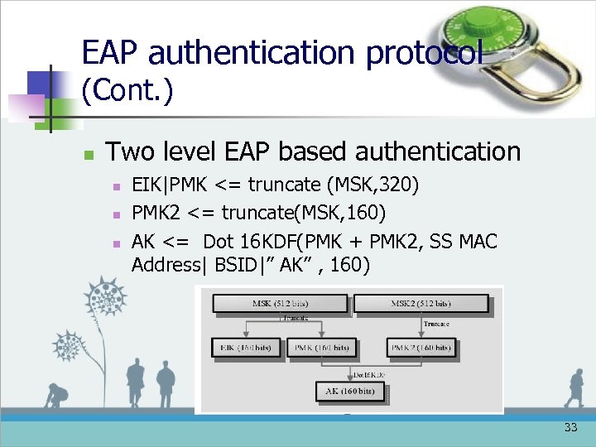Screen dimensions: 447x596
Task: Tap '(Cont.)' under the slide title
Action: pos(127,90)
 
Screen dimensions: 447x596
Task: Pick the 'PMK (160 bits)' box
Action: pos(322,348)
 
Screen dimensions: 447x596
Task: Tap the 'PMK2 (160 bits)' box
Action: pos(421,348)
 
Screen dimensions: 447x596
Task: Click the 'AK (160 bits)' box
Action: pos(350,390)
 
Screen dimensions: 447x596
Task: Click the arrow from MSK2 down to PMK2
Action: pos(421,325)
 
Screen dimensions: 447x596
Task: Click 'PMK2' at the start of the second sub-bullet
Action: pos(156,214)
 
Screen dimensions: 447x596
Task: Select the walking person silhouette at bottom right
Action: pos(574,388)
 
